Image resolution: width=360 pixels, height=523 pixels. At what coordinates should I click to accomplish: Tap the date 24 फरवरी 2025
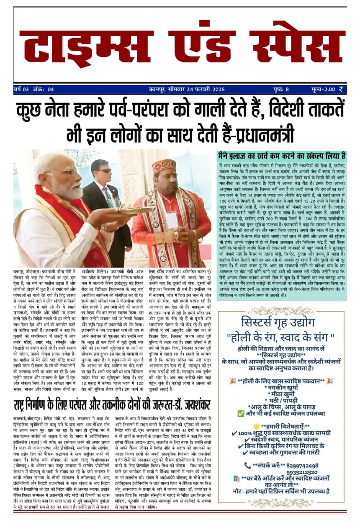click(x=204, y=89)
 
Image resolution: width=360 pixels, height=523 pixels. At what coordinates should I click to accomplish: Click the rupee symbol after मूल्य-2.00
click(x=342, y=89)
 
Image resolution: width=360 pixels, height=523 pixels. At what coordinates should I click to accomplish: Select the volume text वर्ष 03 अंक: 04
click(x=34, y=89)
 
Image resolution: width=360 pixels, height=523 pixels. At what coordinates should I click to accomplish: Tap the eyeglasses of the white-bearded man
click(x=61, y=172)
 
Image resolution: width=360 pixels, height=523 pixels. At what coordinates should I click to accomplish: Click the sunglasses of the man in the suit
click(x=103, y=171)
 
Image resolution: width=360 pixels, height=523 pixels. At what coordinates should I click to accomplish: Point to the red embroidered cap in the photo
click(x=165, y=165)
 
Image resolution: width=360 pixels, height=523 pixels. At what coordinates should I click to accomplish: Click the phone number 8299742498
click(x=299, y=465)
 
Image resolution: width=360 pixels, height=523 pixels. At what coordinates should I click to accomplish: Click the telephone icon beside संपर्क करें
click(x=248, y=465)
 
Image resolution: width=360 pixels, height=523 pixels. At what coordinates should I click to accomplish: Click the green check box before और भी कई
click(x=241, y=414)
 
